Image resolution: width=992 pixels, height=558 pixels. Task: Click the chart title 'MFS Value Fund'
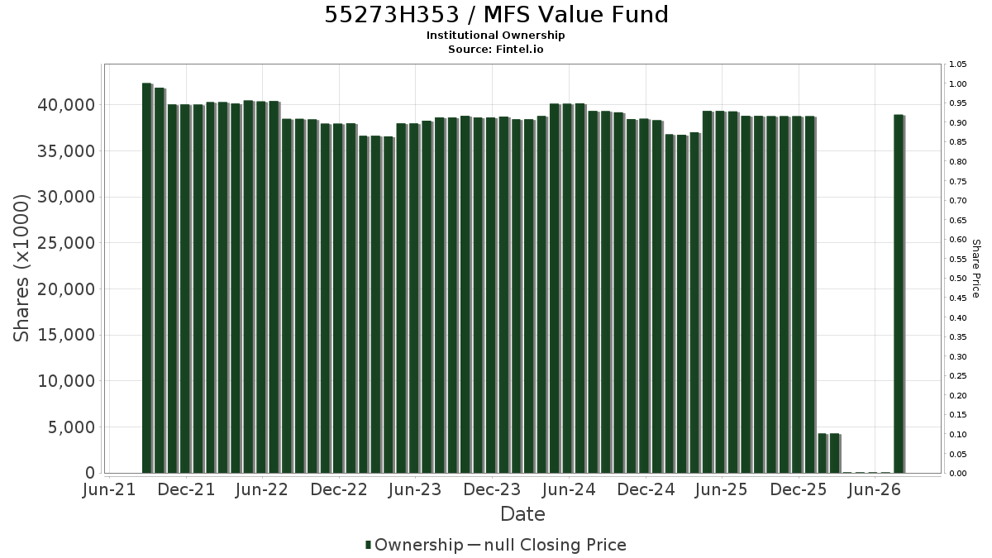tap(575, 15)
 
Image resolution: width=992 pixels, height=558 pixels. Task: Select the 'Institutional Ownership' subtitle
tap(495, 36)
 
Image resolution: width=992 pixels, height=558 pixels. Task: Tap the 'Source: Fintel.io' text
tap(495, 49)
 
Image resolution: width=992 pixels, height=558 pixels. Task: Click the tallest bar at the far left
tap(147, 278)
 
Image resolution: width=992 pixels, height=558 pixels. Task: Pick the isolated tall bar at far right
tap(899, 293)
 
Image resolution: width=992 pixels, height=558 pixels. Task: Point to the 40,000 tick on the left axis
tap(66, 105)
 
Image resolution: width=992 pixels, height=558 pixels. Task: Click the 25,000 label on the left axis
tap(66, 243)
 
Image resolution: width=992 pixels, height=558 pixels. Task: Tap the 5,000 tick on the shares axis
tap(72, 427)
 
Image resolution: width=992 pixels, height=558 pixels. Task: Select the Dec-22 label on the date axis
tap(339, 489)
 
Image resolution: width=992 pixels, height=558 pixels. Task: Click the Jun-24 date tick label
tap(569, 489)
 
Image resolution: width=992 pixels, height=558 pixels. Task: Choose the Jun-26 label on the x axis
tap(875, 489)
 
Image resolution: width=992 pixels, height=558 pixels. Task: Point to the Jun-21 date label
tap(109, 489)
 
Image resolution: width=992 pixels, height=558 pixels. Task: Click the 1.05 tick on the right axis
tap(957, 64)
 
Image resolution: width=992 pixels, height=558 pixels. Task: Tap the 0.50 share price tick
tap(957, 279)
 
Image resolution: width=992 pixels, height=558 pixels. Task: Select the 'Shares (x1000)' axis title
tap(21, 268)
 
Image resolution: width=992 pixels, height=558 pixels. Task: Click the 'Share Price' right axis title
tap(976, 269)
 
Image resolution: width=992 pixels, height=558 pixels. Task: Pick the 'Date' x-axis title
tap(522, 514)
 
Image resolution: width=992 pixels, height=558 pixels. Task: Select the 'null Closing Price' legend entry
tap(555, 545)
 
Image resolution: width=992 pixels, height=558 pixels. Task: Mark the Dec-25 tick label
tap(799, 489)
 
